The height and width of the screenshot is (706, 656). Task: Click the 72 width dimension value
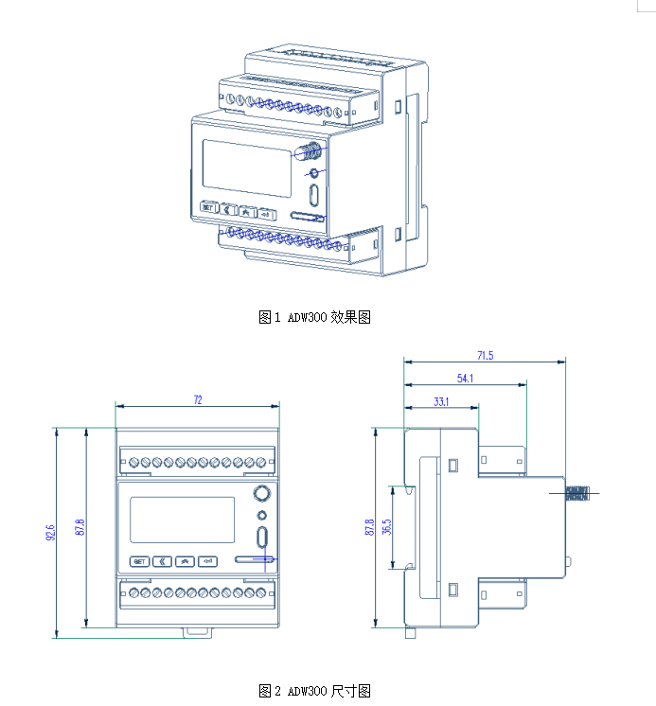click(198, 400)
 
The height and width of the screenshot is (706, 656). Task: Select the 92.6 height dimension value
click(49, 533)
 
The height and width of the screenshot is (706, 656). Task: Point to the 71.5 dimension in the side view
click(485, 356)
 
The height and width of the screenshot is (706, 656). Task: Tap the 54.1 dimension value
click(465, 379)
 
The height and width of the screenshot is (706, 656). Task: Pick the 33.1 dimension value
click(441, 402)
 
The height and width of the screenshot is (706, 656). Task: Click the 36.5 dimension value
click(386, 528)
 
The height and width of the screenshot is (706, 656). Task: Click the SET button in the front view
click(139, 561)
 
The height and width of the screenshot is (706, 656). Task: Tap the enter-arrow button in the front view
click(208, 561)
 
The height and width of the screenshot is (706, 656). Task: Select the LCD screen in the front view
click(182, 520)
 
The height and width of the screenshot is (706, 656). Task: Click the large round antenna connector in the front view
click(261, 494)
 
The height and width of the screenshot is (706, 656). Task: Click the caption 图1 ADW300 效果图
click(314, 317)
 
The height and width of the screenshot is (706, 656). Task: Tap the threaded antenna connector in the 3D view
click(309, 150)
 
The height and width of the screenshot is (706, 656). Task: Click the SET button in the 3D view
click(208, 207)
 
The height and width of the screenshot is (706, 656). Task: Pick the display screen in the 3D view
click(247, 168)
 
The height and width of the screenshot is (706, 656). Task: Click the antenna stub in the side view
click(576, 493)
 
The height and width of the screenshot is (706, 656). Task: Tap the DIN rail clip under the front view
click(197, 630)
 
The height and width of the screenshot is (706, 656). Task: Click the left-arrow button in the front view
click(162, 561)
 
